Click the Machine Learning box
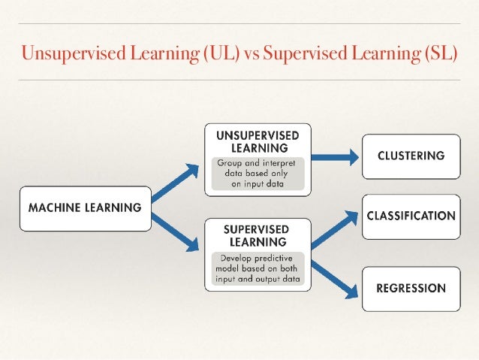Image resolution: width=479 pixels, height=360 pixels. tap(84, 207)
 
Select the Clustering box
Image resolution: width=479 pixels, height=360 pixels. tap(411, 156)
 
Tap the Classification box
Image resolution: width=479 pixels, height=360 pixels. tap(411, 216)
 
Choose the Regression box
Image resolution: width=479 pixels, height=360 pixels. tap(411, 288)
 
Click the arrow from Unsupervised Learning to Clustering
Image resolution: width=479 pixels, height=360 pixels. tap(334, 156)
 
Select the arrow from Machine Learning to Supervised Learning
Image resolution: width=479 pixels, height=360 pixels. tap(178, 232)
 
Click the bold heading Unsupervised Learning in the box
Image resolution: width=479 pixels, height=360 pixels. tap(258, 141)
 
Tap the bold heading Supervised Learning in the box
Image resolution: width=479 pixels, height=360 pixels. tap(258, 234)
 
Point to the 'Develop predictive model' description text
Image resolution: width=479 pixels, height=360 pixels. tap(258, 268)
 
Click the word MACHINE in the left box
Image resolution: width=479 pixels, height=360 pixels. tap(57, 207)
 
